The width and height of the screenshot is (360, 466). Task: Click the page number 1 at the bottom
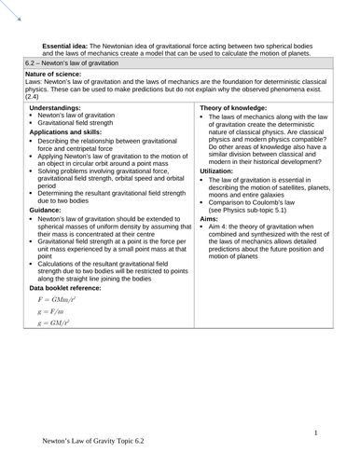pyautogui.click(x=316, y=432)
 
